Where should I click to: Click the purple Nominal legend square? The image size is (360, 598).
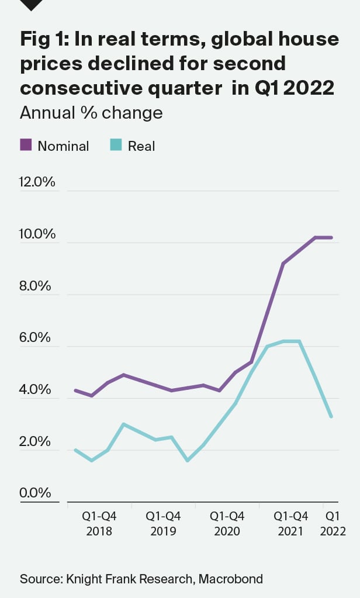(26, 145)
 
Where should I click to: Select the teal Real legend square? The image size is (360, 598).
(116, 145)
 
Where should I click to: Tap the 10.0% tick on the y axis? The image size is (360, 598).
(37, 234)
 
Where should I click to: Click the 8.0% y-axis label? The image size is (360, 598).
(37, 286)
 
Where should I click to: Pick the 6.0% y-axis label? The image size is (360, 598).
(37, 338)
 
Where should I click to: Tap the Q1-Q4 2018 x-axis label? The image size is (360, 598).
(99, 524)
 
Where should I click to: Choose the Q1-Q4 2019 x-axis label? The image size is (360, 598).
(163, 524)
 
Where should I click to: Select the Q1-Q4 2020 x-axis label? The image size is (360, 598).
(227, 524)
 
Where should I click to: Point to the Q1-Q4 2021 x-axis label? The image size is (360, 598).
(290, 524)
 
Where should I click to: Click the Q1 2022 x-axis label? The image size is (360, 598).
(333, 524)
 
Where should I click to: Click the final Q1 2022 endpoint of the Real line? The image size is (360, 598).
(331, 417)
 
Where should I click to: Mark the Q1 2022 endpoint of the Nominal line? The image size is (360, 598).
(331, 237)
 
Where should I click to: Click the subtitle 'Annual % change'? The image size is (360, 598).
(91, 112)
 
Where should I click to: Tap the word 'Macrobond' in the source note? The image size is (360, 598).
(231, 579)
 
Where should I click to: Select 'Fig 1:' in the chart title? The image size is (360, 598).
(46, 40)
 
